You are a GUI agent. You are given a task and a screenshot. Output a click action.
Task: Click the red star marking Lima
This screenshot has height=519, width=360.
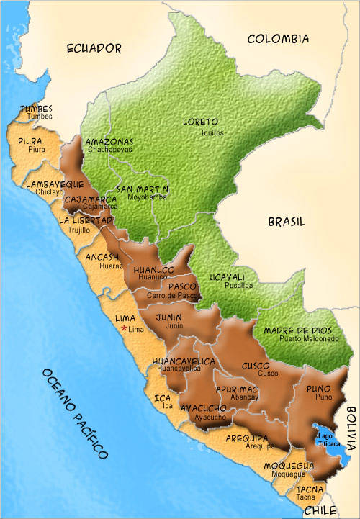tap(124, 329)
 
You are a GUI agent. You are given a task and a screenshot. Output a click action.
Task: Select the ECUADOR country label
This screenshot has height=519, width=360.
tap(94, 48)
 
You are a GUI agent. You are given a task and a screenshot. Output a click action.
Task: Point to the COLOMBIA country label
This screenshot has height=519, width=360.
tap(278, 39)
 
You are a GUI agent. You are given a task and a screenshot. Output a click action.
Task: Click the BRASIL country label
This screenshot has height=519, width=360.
tap(287, 222)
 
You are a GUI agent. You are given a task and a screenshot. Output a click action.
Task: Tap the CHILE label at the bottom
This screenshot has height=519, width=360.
tap(320, 510)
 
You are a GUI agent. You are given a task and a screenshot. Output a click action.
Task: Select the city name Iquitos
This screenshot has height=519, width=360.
tap(212, 133)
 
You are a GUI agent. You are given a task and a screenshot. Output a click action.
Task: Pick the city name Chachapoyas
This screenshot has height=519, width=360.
tap(109, 150)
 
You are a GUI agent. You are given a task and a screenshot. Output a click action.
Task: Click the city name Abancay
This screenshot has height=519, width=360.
tap(245, 397)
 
